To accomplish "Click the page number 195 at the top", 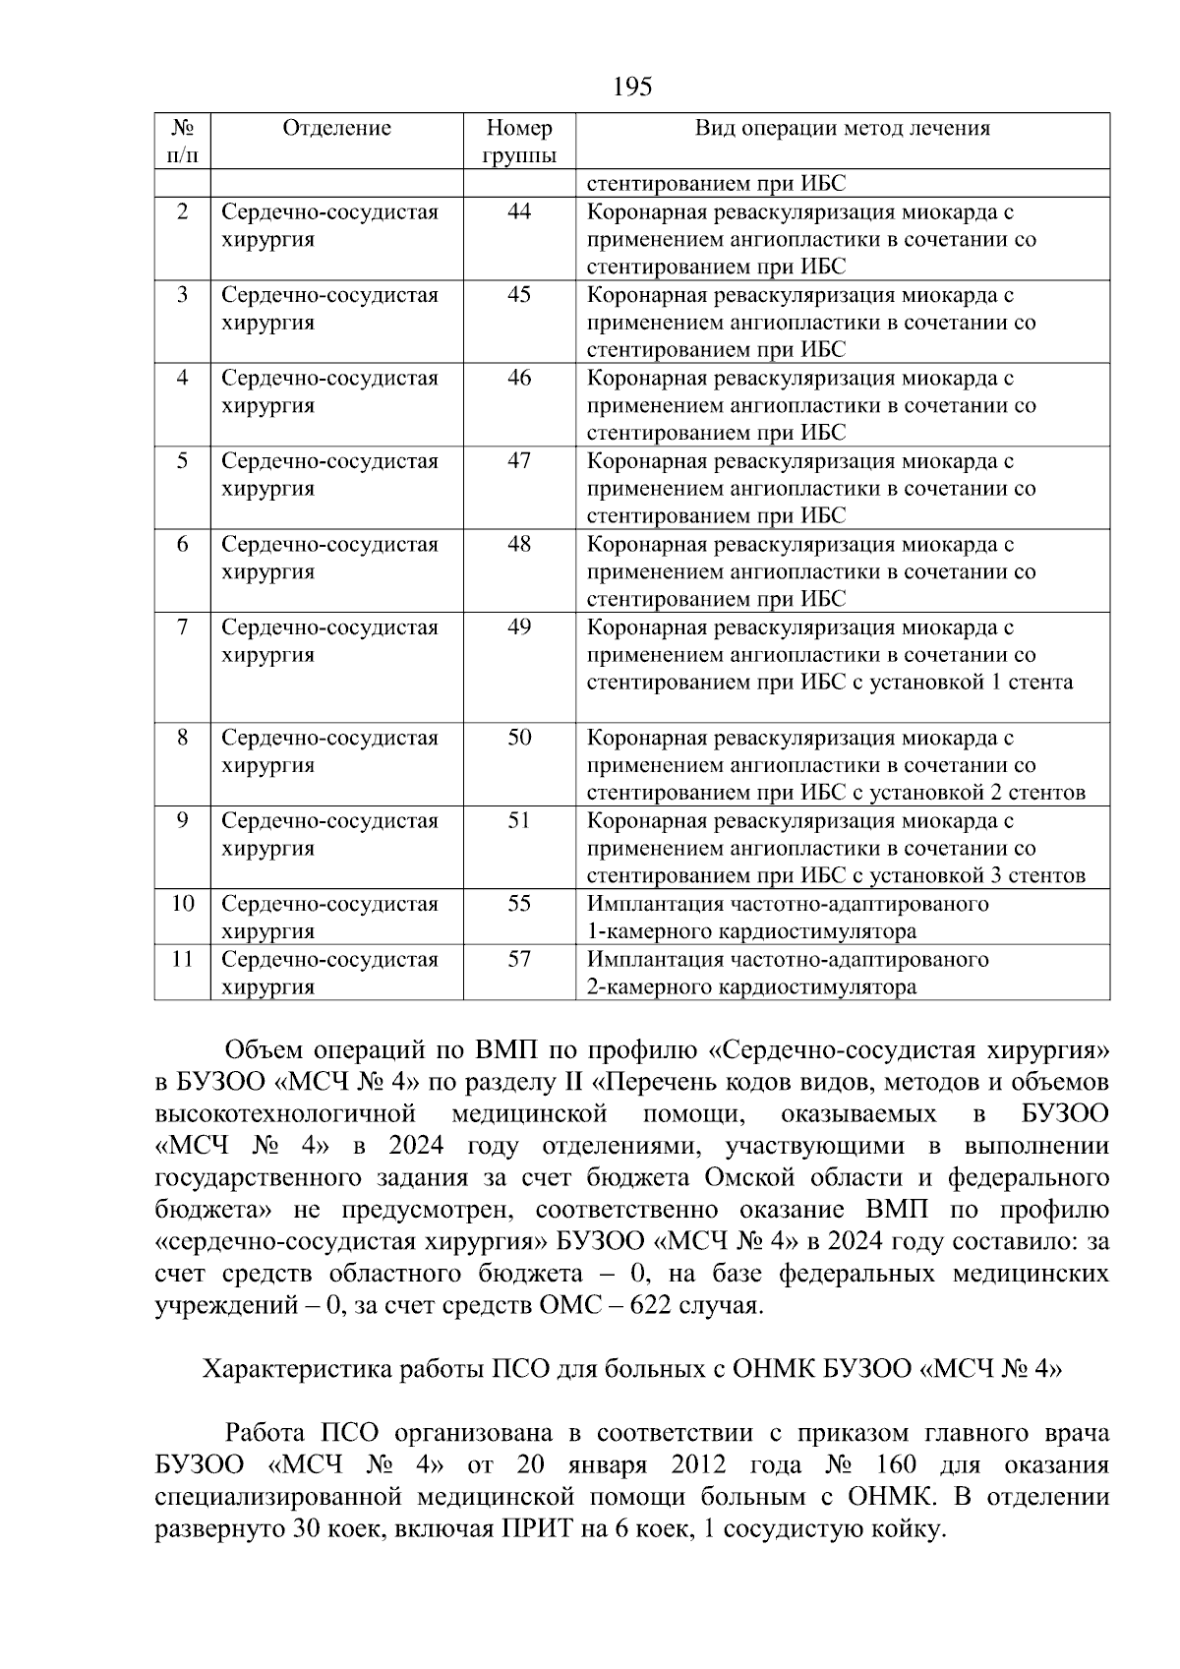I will pos(632,88).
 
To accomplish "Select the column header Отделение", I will pos(336,128).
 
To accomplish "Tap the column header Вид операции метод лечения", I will pos(843,128).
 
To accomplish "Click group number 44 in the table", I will pos(519,211).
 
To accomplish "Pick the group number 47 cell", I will pos(519,461).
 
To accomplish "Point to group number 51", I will pos(519,821).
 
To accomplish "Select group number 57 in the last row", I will pos(519,959).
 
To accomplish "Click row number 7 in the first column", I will pos(182,627).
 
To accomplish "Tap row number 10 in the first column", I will pos(182,904).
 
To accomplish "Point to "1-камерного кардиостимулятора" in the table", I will pos(751,931).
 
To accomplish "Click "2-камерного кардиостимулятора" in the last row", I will pos(751,987).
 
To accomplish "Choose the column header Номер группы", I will pos(519,142).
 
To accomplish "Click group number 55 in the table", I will pos(519,904).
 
